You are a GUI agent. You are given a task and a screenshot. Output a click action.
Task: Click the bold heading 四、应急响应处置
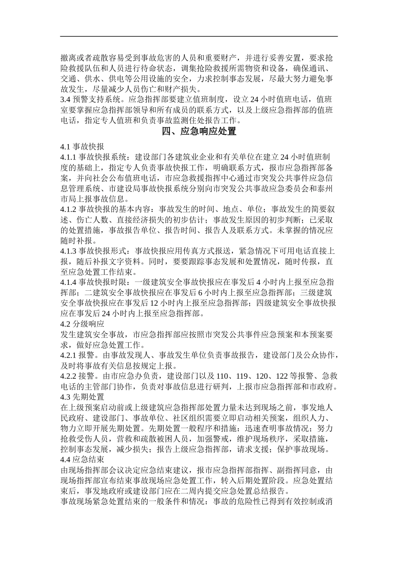click(199, 132)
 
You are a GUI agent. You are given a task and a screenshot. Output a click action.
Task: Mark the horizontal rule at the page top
click(199, 36)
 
